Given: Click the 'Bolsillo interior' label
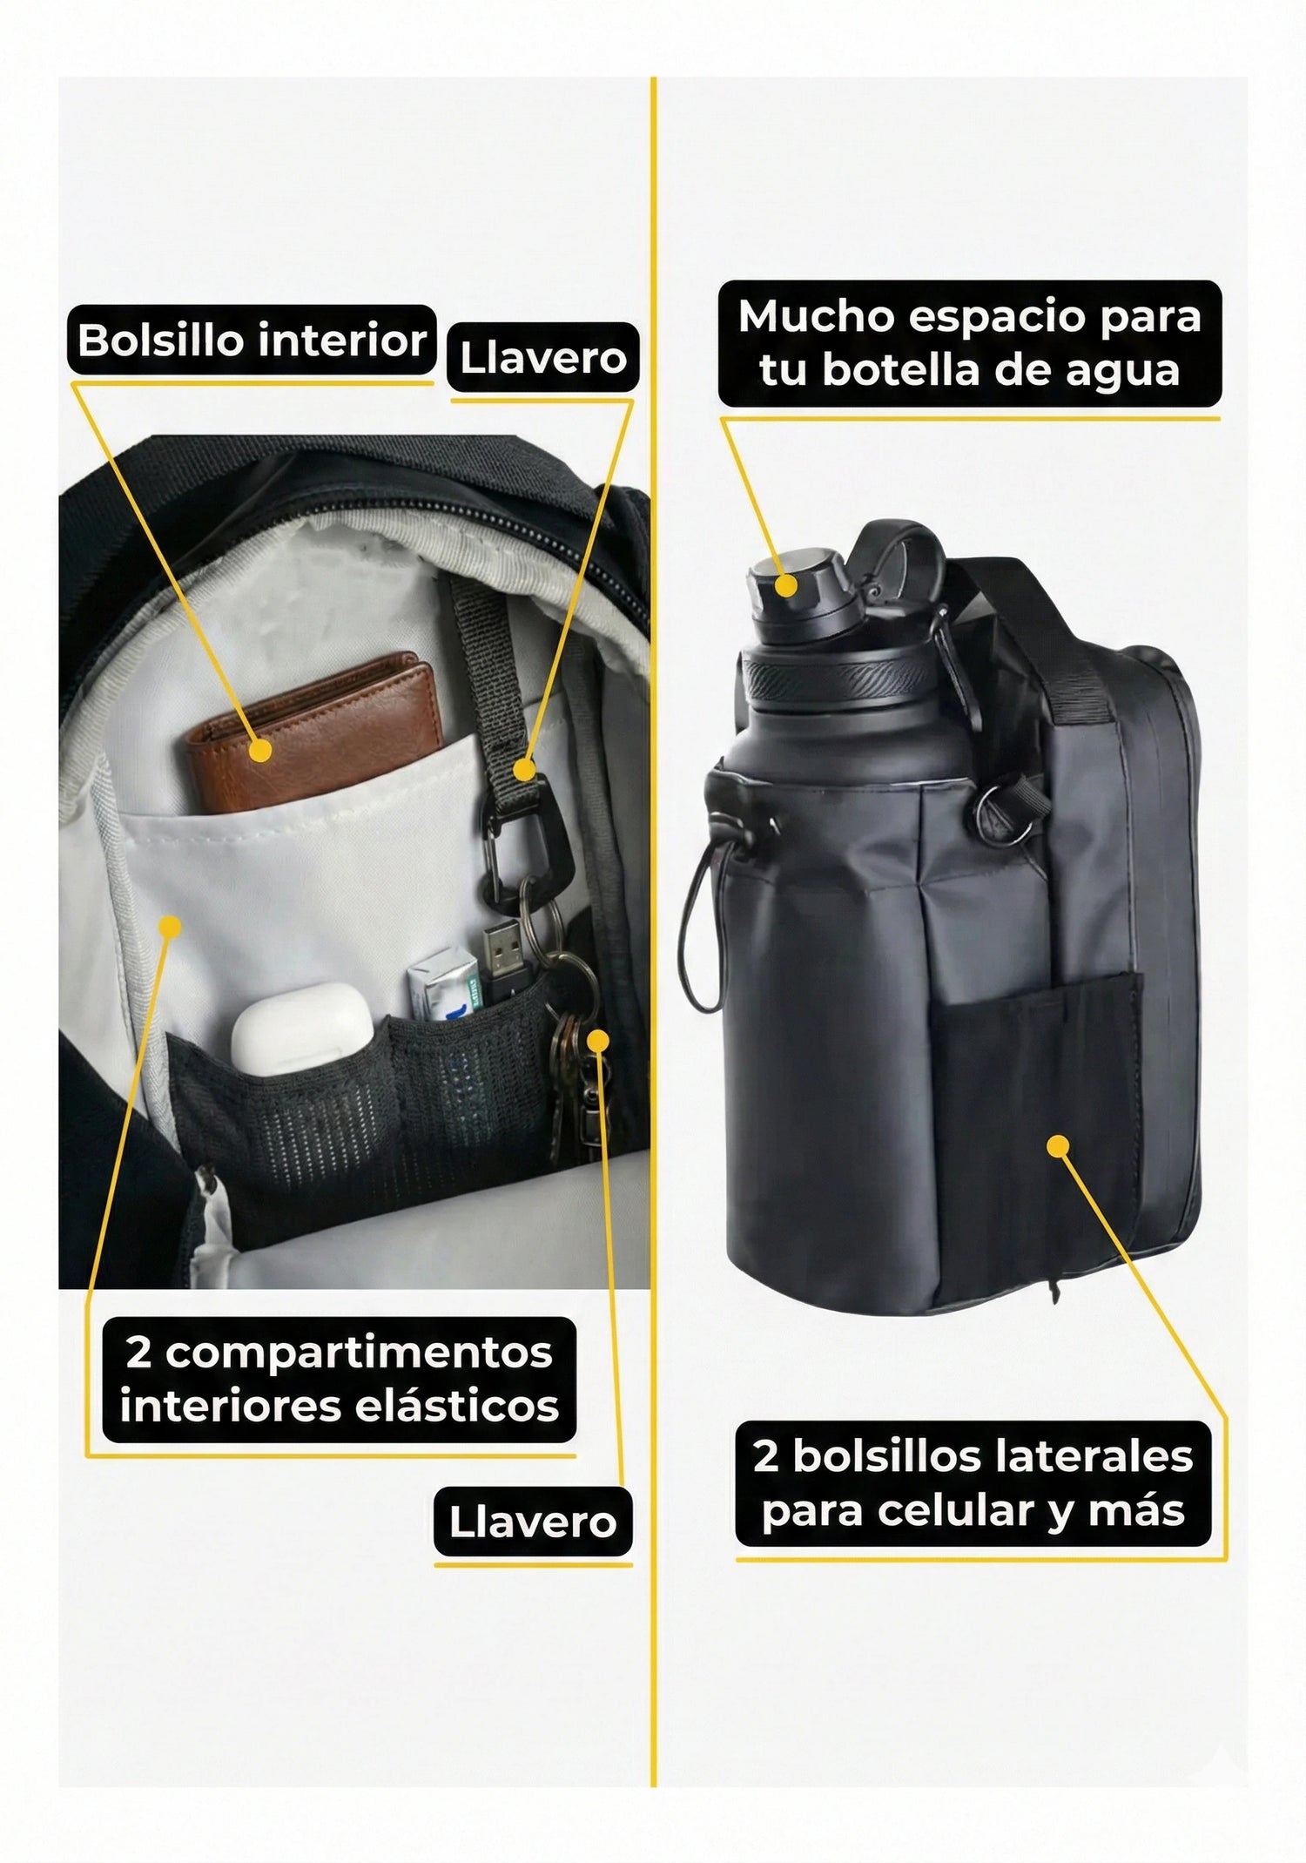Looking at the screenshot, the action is pos(252,340).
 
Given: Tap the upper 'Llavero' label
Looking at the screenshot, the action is pos(542,357).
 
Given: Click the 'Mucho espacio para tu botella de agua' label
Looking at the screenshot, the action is pos(969,343).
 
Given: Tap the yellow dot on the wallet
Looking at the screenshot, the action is pos(259,750).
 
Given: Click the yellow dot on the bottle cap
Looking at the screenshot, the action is pos(785,584).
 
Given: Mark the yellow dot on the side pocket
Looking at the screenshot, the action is pos(1058,1146).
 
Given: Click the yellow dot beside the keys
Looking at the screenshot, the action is pos(598,1039).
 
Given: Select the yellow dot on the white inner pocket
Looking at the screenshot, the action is pos(171,926).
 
